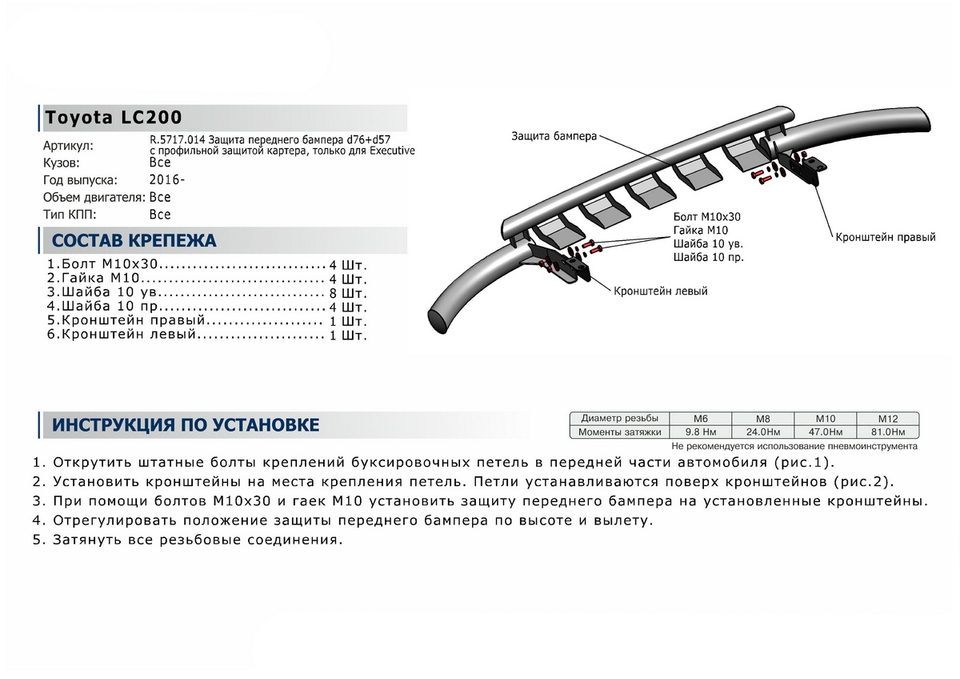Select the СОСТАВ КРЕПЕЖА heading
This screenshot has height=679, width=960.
point(134,241)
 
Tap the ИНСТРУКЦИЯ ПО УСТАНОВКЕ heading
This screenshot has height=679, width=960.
point(185,425)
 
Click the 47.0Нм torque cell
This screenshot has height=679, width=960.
point(825,432)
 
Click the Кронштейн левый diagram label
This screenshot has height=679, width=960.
point(660,291)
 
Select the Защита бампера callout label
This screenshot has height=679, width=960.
point(554,136)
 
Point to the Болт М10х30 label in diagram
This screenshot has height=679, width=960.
point(707,217)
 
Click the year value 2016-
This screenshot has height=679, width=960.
point(167,179)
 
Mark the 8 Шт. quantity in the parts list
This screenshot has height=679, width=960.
point(349,293)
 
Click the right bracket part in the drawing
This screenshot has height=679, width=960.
point(807,168)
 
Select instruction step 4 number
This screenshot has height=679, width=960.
point(37,520)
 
